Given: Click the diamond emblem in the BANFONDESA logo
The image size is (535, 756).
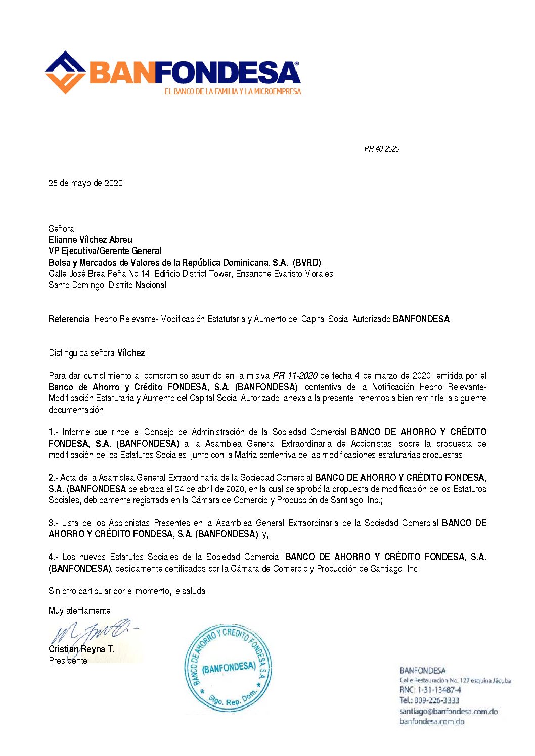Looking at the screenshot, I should click(x=65, y=72).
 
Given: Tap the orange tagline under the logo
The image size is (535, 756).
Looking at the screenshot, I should click(x=233, y=92).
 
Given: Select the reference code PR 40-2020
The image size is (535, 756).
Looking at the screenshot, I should click(x=382, y=149).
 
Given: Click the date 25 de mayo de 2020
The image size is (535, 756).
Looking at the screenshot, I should click(x=85, y=183).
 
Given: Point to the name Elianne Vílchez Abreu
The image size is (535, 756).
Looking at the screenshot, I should click(x=91, y=240).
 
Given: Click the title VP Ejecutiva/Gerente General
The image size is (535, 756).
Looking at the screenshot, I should click(x=105, y=251).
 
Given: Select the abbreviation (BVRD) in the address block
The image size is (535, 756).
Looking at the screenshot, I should click(x=306, y=263).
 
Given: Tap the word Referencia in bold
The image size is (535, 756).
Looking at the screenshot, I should click(x=69, y=319).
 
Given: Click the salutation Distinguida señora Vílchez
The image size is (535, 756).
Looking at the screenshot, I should click(x=98, y=353).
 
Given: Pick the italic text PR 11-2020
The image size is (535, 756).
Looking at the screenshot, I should click(x=295, y=376).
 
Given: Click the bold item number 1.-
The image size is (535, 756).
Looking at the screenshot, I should click(x=53, y=432).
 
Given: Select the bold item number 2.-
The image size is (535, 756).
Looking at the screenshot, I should click(x=53, y=478).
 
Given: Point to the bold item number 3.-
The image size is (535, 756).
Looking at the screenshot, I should click(x=53, y=523).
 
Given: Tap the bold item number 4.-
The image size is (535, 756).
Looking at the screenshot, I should click(x=53, y=557).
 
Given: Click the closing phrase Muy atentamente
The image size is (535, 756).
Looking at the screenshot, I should click(x=79, y=611).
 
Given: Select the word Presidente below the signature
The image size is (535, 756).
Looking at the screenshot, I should click(x=68, y=661).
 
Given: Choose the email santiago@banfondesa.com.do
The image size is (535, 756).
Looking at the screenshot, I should click(x=449, y=712).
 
